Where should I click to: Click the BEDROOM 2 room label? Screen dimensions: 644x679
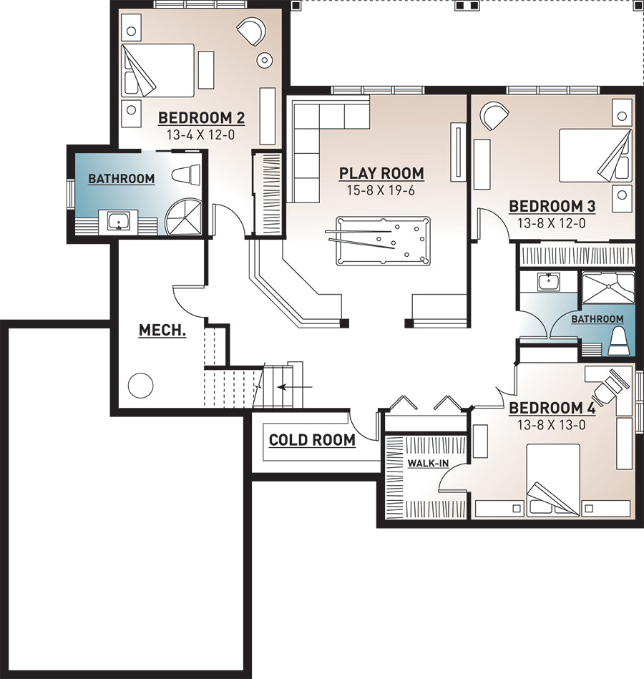pos(201,118)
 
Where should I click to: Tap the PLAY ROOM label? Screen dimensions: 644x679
pos(381,173)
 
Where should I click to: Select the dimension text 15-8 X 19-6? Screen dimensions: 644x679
pos(381,190)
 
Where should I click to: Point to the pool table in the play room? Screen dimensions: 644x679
pos(383,241)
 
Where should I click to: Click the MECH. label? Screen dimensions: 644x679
pos(162,331)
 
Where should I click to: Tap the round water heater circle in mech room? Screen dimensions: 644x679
pos(140,385)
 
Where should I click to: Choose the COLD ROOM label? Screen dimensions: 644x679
pos(312,440)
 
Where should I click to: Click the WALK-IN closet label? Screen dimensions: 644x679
pos(428,464)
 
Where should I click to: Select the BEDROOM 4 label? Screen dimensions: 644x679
pos(552,408)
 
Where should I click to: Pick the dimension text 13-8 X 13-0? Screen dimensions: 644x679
pos(551,425)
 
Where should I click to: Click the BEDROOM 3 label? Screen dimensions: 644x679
pos(552,206)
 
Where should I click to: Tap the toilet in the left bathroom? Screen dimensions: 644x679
pos(186,175)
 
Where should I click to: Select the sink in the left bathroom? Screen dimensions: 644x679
pos(118,221)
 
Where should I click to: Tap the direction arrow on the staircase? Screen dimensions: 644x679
pos(295,386)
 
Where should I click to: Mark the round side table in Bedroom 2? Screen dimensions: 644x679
pos(264,60)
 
